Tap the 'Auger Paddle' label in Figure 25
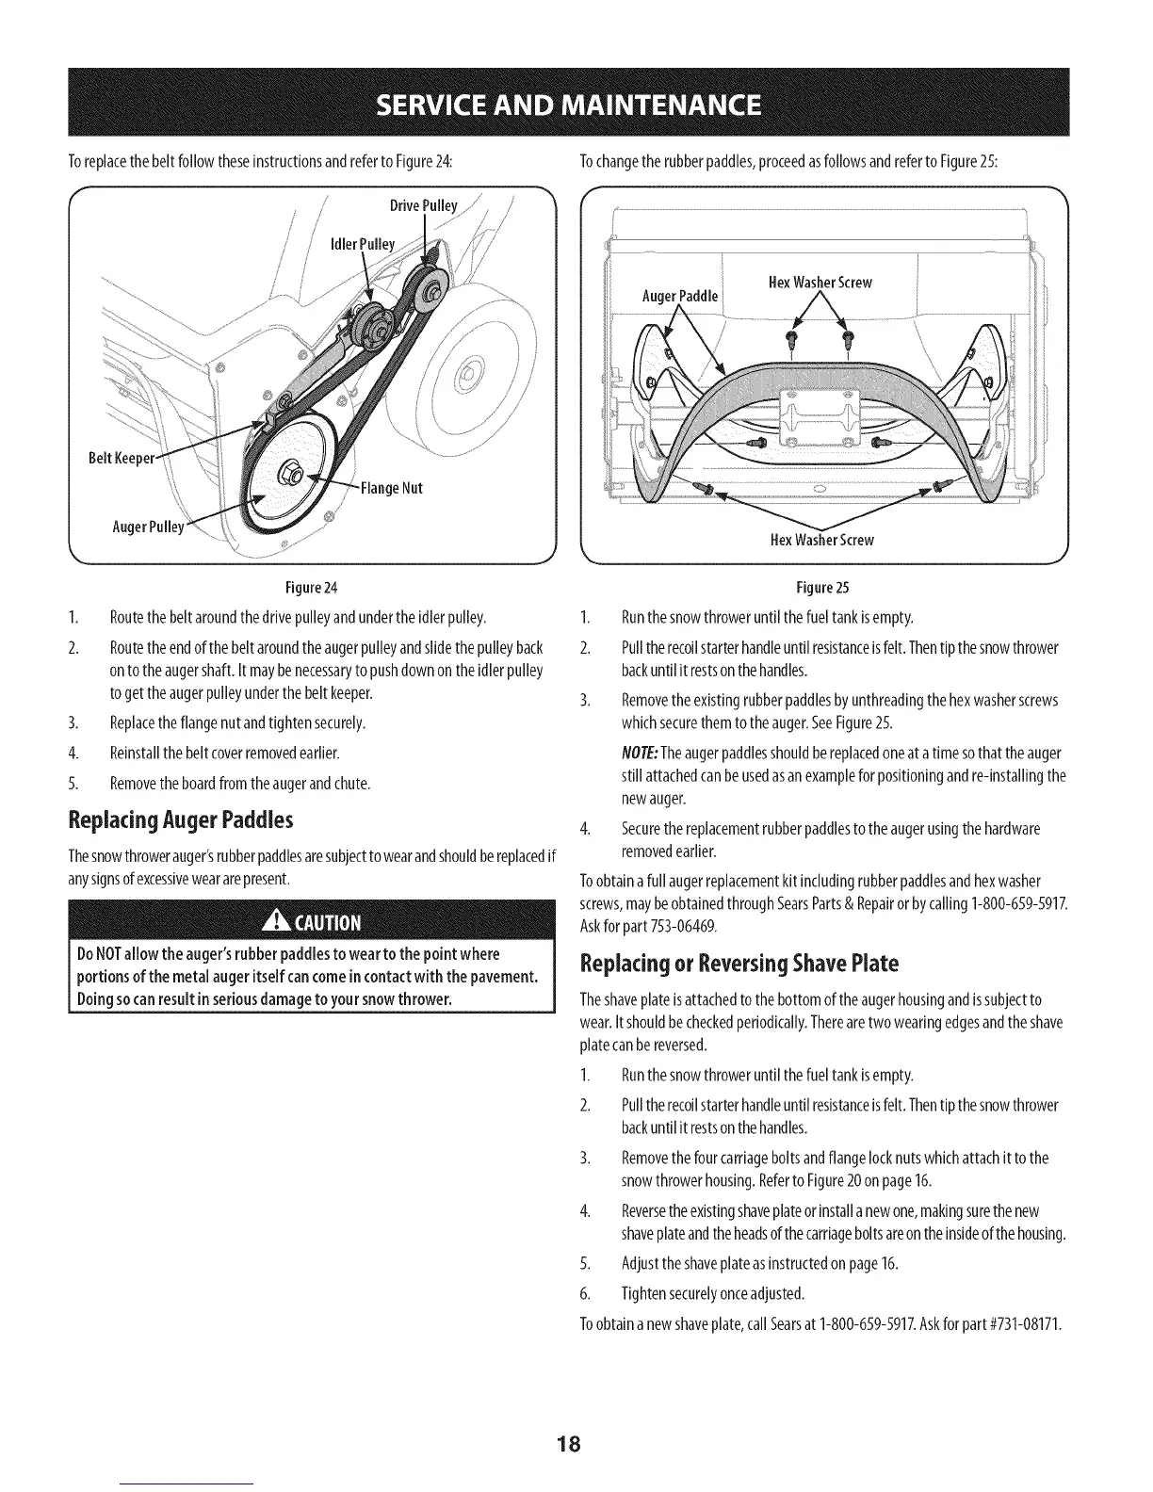click(x=679, y=296)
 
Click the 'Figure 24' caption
click(x=291, y=589)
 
